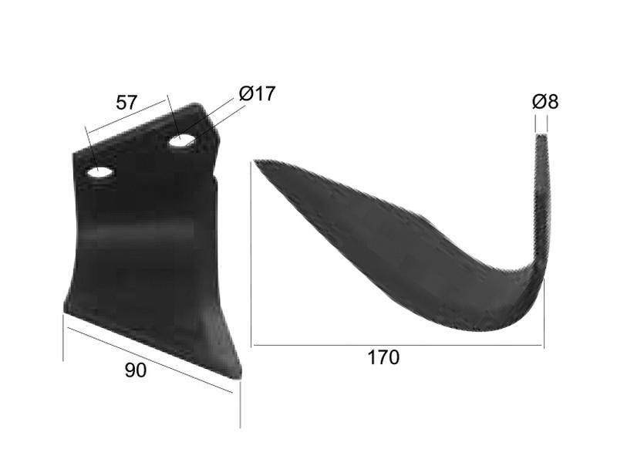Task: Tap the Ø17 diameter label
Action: point(257,94)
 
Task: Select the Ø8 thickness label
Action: point(545,101)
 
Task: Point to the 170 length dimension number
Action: point(383,358)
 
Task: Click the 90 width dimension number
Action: point(135,370)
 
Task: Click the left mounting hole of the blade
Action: point(100,173)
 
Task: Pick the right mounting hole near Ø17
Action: point(182,140)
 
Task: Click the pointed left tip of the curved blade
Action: point(258,162)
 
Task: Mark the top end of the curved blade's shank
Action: point(543,137)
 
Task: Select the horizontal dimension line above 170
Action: point(397,345)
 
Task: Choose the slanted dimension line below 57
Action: point(127,116)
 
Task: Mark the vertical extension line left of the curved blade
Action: point(251,255)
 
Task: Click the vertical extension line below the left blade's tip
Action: point(240,405)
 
